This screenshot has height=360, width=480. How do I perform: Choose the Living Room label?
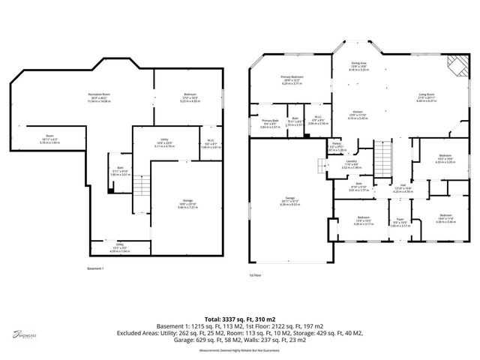point(427,95)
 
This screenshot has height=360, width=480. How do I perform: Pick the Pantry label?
point(337,146)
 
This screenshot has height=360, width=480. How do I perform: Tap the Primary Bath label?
point(270,122)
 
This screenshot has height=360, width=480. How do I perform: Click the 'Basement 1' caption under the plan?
point(95,268)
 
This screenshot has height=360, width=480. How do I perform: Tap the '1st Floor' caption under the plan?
point(256,275)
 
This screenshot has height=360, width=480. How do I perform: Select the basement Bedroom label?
point(189,95)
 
